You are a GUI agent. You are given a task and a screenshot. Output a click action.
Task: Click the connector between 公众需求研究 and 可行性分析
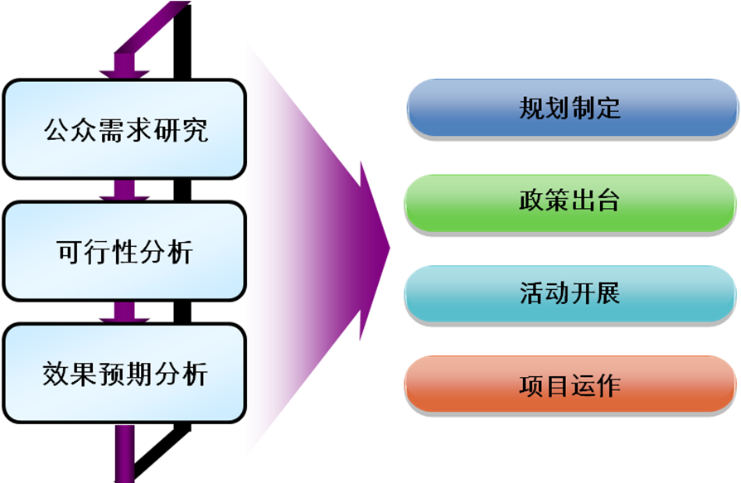pos(124,190)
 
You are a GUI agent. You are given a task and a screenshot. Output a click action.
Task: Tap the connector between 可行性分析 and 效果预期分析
pos(124,312)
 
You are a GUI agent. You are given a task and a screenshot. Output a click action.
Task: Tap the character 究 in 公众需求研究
pos(193,131)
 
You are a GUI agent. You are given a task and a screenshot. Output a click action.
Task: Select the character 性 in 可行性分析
pos(125,252)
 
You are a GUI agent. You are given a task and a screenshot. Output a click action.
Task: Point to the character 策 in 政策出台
pos(557,201)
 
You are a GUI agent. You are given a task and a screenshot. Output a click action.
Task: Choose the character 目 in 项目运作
pos(557,386)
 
